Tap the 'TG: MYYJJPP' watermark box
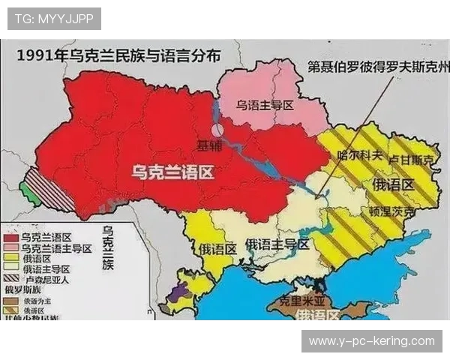[x=54, y=19]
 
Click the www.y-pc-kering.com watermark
[x=371, y=340]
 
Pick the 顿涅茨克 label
[x=391, y=211]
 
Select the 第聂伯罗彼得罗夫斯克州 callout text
[x=379, y=66]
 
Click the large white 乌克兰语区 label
[x=172, y=172]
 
